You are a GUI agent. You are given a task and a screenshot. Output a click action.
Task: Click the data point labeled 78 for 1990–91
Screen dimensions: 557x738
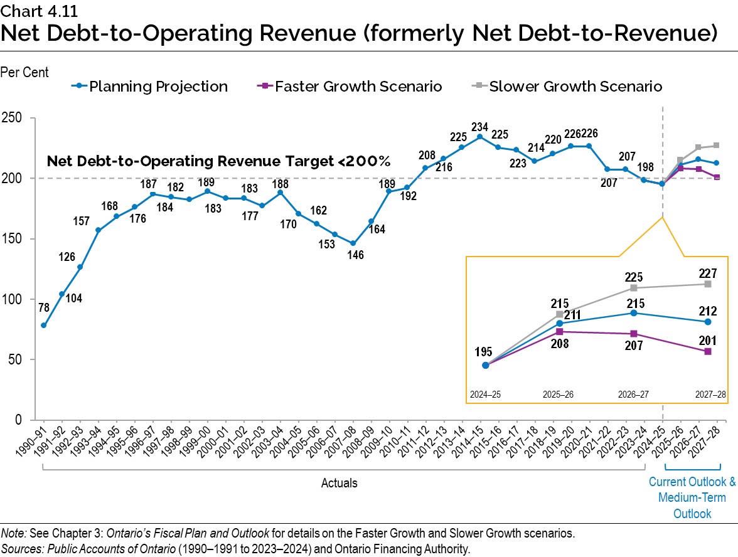[x=43, y=325]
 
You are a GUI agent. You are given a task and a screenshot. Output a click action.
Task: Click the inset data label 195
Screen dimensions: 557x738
[x=485, y=349]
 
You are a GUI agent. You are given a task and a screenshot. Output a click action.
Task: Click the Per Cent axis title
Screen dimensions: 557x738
[x=24, y=73]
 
